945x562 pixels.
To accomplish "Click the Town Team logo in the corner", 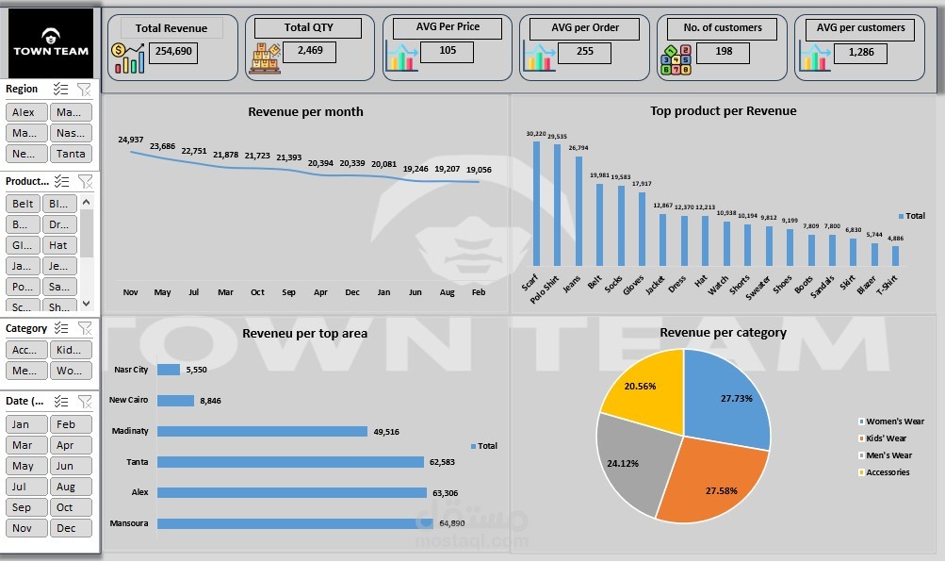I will pyautogui.click(x=50, y=43).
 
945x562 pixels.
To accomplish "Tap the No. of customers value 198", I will pyautogui.click(x=724, y=52).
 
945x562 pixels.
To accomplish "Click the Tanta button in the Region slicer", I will pyautogui.click(x=71, y=154).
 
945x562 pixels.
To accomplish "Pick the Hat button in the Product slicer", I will pyautogui.click(x=58, y=245).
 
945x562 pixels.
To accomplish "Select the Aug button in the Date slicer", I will pyautogui.click(x=66, y=487).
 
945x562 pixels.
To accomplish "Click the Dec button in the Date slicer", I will pyautogui.click(x=66, y=528).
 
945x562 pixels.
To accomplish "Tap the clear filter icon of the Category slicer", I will pyautogui.click(x=85, y=328).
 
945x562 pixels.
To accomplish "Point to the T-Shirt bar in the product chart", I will pyautogui.click(x=895, y=256).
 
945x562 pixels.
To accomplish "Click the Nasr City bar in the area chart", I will pyautogui.click(x=169, y=370).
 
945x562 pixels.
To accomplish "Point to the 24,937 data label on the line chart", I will pyautogui.click(x=131, y=140).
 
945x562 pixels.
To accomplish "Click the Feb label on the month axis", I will pyautogui.click(x=478, y=292).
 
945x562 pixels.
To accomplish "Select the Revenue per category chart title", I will pyautogui.click(x=723, y=332).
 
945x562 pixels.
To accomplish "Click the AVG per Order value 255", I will pyautogui.click(x=585, y=52).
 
